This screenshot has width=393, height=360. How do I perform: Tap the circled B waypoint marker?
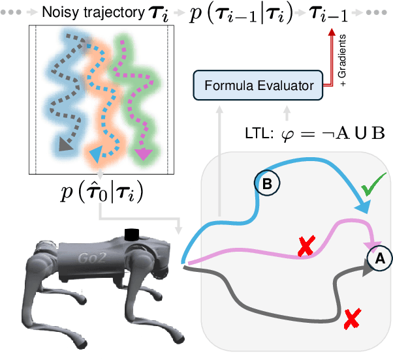pyautogui.click(x=266, y=185)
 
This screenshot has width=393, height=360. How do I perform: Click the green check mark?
pyautogui.click(x=373, y=190)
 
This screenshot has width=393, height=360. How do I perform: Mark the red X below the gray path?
pyautogui.click(x=352, y=318)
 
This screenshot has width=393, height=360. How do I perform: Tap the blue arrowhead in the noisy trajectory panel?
pyautogui.click(x=95, y=155)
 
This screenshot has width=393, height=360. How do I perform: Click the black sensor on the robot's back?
pyautogui.click(x=133, y=233)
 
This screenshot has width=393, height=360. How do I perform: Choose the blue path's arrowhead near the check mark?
pyautogui.click(x=360, y=207)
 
